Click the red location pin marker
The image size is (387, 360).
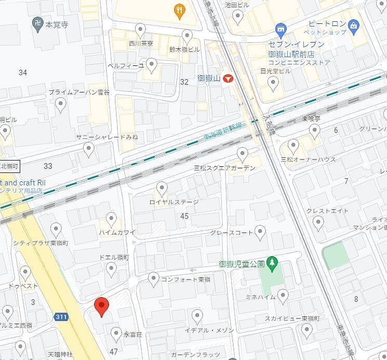101,307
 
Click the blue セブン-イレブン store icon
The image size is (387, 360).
281,29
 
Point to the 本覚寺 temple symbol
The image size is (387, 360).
37,24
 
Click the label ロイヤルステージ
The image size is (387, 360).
174,202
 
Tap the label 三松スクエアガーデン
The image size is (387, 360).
224,168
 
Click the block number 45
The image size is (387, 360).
184,216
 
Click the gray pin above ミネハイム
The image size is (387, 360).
283,296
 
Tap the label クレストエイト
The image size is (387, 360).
327,210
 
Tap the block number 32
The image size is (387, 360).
184,82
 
